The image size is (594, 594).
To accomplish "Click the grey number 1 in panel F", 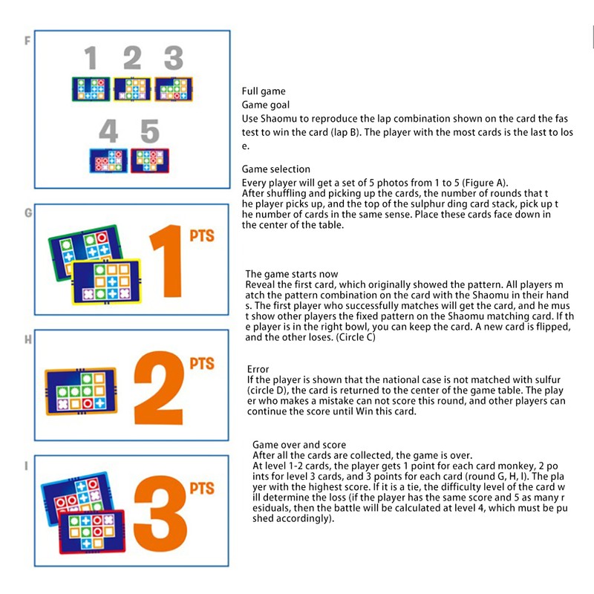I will pyautogui.click(x=91, y=59).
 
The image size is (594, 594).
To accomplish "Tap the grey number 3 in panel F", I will pyautogui.click(x=173, y=59).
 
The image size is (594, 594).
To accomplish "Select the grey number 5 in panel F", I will pyautogui.click(x=150, y=131).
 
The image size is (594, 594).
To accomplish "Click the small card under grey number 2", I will pyautogui.click(x=131, y=89).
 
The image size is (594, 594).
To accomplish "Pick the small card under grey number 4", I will pyautogui.click(x=108, y=160).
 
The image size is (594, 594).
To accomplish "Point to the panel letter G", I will pyautogui.click(x=28, y=212).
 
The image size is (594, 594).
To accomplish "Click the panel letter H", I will pyautogui.click(x=28, y=339).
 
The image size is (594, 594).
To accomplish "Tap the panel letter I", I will pyautogui.click(x=27, y=466).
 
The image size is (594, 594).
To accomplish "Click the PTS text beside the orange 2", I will pyautogui.click(x=201, y=364).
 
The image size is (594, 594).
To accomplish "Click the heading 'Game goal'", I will pyautogui.click(x=266, y=105).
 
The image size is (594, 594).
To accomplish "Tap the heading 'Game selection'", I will pyautogui.click(x=275, y=169).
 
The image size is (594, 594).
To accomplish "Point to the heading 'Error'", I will pyautogui.click(x=258, y=369).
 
